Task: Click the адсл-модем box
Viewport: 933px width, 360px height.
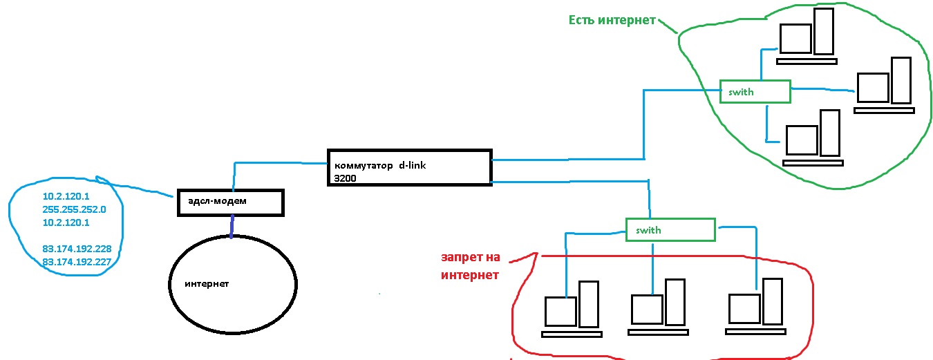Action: coord(230,202)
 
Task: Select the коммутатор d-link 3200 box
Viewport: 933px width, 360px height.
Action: coord(409,167)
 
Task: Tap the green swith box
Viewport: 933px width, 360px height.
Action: coord(754,91)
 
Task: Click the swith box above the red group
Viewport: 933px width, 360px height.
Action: coord(670,229)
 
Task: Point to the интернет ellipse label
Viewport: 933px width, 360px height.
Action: coord(206,284)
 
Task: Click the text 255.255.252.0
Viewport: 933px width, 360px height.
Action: coord(74,209)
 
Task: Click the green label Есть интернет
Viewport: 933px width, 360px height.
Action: coord(612,20)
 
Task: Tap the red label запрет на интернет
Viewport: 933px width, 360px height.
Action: coord(469,266)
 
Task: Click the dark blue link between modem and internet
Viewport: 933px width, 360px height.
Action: coord(232,225)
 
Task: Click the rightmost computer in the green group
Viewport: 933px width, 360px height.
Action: coord(884,84)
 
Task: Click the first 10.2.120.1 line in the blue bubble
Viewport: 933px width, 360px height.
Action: coord(66,197)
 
